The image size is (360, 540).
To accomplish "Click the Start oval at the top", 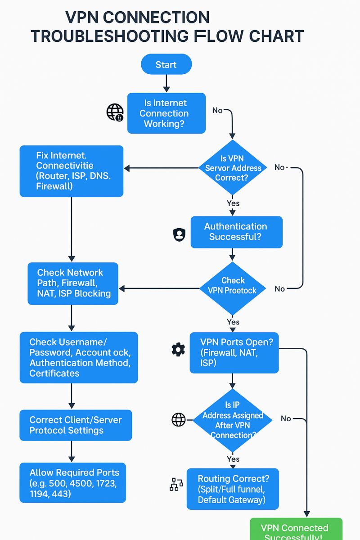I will click(x=166, y=64).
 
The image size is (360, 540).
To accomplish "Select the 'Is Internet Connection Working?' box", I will click(x=166, y=113).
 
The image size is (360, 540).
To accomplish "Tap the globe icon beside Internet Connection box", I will click(x=115, y=112).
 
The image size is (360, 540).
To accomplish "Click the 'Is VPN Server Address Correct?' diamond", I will click(x=233, y=168).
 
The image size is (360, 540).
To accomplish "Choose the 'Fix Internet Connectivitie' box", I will click(x=71, y=171).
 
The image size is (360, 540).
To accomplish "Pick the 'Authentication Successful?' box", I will click(x=236, y=232).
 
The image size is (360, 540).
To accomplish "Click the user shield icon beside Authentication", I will click(x=179, y=234).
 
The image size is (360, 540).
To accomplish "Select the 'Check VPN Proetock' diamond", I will click(x=233, y=286).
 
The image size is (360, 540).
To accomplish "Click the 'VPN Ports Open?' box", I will click(x=234, y=352).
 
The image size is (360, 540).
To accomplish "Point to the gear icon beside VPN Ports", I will click(x=178, y=350).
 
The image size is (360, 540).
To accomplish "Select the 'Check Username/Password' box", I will click(x=79, y=358).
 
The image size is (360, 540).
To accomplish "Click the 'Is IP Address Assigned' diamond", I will click(x=233, y=420).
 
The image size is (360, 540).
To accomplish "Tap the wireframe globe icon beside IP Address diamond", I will click(x=179, y=420).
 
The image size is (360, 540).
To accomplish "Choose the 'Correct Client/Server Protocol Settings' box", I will click(x=76, y=425).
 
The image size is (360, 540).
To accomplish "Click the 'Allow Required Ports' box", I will click(x=73, y=483).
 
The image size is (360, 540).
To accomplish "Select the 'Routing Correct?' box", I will click(x=233, y=489).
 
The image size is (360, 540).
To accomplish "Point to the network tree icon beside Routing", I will click(x=176, y=484).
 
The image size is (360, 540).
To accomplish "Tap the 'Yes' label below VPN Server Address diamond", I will click(x=233, y=203).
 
